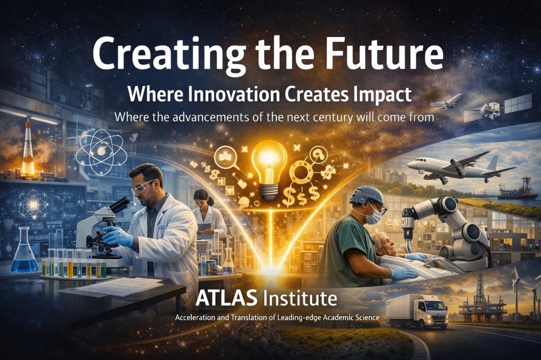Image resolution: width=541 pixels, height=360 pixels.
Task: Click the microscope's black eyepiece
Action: coord(122,204)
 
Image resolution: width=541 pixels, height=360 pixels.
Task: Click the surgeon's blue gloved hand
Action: coord(403,272)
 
